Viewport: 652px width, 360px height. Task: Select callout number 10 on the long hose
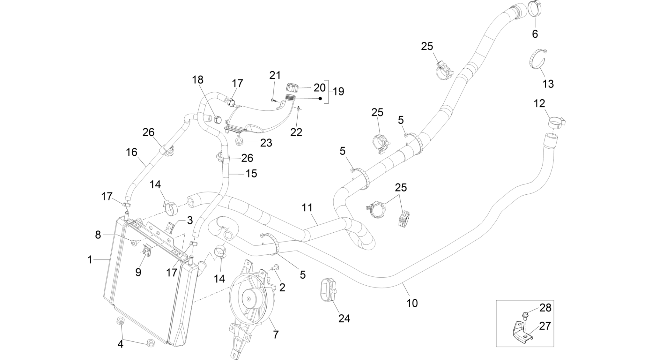[x=412, y=303]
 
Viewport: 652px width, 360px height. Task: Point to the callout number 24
[x=345, y=318]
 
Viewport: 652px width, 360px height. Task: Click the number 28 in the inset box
[x=545, y=308]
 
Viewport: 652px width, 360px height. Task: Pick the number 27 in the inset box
[x=545, y=326]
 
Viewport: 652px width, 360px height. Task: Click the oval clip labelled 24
[x=328, y=290]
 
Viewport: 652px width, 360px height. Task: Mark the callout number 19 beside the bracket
[x=339, y=92]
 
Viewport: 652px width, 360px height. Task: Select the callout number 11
[x=307, y=207]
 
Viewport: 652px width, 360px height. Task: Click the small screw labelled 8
[x=135, y=243]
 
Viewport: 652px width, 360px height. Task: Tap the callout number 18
[x=198, y=79]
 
